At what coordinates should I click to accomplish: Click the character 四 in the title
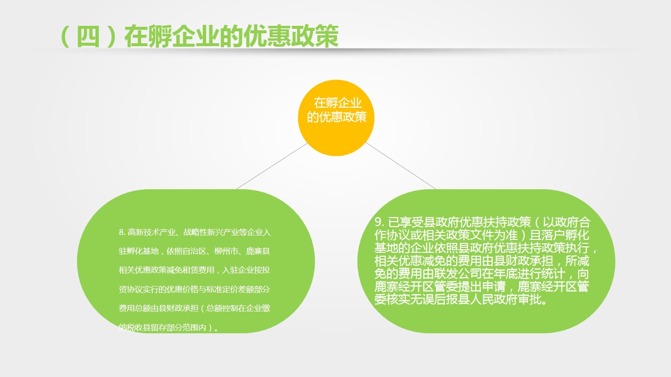(x=88, y=37)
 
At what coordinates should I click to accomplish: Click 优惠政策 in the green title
(x=291, y=37)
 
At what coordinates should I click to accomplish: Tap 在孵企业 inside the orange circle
(x=337, y=103)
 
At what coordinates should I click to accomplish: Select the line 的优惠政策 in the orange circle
(x=336, y=117)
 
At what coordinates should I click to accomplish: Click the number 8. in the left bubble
(x=122, y=232)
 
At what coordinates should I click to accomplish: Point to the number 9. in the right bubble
(x=379, y=222)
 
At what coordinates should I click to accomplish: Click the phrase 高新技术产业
(x=151, y=232)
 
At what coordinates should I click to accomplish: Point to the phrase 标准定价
(x=230, y=289)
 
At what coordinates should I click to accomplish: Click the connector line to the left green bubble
(x=272, y=166)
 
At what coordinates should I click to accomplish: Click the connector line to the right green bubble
(x=401, y=166)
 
